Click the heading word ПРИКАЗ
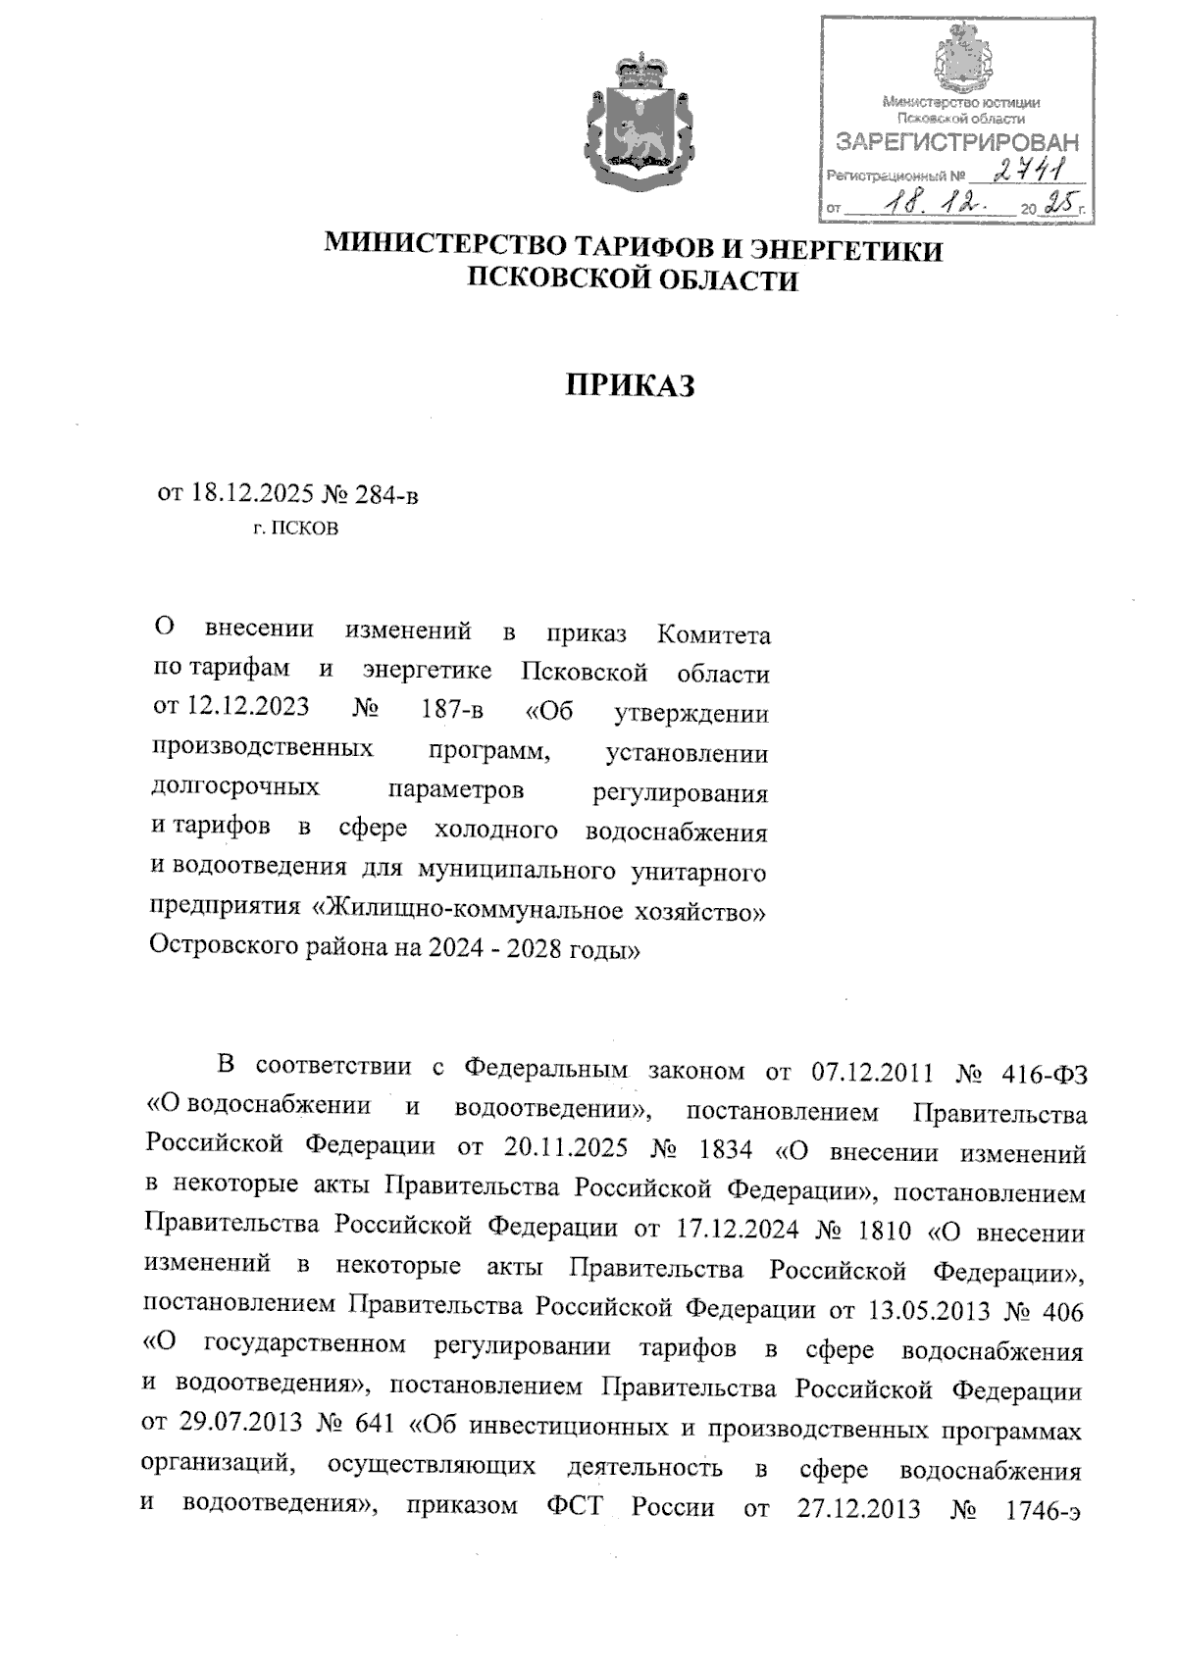pyautogui.click(x=631, y=386)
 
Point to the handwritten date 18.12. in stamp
pyautogui.click(x=933, y=204)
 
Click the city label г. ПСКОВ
pyautogui.click(x=296, y=529)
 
